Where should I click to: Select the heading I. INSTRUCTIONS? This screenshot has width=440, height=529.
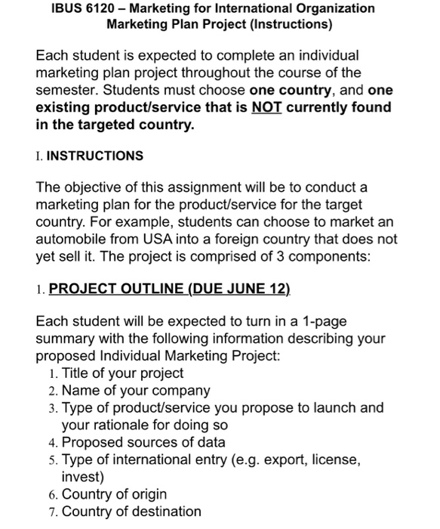[89, 156]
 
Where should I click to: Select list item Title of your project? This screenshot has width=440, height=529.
[122, 373]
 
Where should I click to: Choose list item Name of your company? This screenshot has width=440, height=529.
[136, 391]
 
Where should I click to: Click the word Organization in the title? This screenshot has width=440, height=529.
[332, 8]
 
